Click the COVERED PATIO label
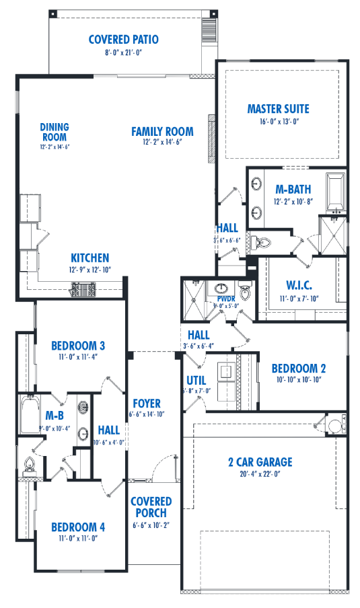(x=124, y=40)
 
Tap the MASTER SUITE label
(x=279, y=109)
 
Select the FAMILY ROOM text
(x=162, y=131)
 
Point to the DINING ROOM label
(x=55, y=131)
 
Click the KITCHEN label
(x=90, y=258)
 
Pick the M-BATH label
(x=294, y=189)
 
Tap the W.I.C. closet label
(x=299, y=285)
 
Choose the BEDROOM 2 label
(x=299, y=369)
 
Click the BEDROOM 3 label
(x=78, y=346)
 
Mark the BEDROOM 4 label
(x=78, y=527)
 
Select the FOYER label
(x=147, y=404)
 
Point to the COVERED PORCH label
(x=151, y=507)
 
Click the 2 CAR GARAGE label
(x=260, y=462)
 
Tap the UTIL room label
(x=196, y=381)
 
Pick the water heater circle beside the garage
(x=334, y=425)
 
